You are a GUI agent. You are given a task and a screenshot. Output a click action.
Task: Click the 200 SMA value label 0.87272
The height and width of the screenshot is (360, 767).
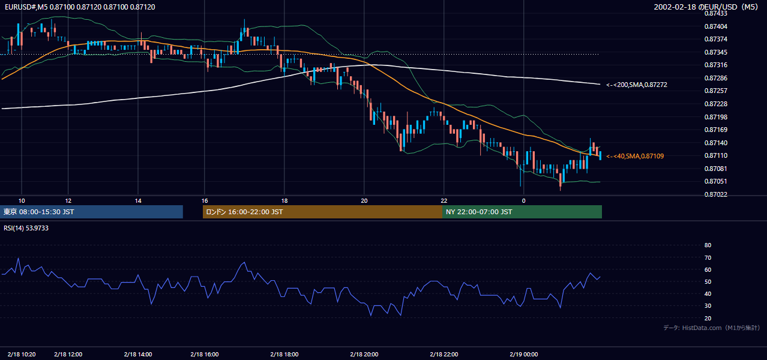point(637,85)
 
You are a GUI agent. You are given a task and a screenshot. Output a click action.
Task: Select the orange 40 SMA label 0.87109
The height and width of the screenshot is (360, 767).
point(635,156)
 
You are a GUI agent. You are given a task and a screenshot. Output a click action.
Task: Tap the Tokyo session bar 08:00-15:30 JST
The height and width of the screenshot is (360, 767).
point(91,212)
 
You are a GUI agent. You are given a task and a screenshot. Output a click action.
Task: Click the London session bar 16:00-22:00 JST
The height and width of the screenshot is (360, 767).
point(322,212)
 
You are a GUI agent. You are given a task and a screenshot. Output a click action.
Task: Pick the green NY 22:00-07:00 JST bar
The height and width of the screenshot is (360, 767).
point(522,212)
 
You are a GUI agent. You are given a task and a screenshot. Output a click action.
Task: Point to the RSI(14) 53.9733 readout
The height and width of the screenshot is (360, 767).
point(26,228)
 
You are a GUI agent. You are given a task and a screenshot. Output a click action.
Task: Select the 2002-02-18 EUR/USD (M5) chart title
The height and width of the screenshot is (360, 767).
point(706,7)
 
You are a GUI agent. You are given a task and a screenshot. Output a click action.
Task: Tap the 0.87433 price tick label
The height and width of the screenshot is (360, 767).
point(715,13)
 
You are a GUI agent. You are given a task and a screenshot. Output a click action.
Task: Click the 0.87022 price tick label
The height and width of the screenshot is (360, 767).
point(715,194)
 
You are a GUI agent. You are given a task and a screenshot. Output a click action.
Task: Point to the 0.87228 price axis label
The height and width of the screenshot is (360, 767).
point(715,104)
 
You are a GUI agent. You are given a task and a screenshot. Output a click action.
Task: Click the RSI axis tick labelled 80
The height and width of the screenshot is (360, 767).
point(708,245)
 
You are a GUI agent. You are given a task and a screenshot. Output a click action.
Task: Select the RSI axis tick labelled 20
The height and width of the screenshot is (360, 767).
point(708,318)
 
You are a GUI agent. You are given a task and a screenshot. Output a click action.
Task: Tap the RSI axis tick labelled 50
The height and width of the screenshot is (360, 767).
point(708,281)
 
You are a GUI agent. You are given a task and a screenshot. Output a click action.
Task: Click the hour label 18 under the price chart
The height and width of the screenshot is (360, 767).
point(284,201)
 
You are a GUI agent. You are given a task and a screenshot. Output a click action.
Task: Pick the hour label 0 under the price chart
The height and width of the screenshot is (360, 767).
point(523,201)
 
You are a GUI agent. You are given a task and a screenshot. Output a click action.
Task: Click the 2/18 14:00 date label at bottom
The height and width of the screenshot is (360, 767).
point(138,354)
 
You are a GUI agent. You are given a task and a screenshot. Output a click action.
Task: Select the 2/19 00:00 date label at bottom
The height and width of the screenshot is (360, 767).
point(523,354)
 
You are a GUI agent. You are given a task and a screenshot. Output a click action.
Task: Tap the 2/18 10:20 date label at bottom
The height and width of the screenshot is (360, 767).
point(22,354)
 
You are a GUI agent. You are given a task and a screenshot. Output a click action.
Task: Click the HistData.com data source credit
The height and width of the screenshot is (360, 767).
point(712,328)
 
